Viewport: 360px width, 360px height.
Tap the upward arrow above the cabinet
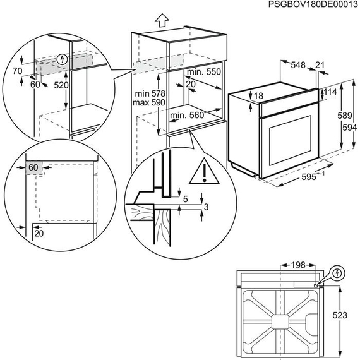(162, 20)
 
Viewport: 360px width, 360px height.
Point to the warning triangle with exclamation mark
(205, 171)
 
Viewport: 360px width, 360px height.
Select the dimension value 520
(61, 84)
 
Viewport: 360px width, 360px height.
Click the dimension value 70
(17, 72)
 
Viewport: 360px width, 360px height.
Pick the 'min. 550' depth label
(205, 73)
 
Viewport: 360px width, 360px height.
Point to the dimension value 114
(330, 92)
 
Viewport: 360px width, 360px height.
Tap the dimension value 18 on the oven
(259, 96)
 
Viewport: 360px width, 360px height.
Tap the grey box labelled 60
(33, 167)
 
